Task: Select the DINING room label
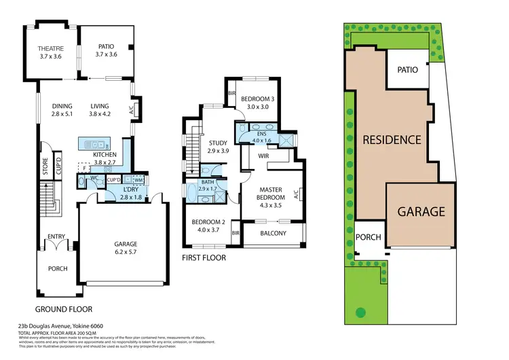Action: (x=62, y=106)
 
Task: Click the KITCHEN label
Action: (x=105, y=155)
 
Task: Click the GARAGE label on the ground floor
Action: (x=125, y=244)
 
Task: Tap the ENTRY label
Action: (x=56, y=236)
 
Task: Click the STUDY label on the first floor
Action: (x=218, y=143)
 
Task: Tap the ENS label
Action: (x=261, y=133)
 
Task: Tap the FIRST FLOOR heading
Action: (x=204, y=258)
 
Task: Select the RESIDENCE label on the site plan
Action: (x=392, y=140)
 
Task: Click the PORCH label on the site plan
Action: (x=369, y=237)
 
